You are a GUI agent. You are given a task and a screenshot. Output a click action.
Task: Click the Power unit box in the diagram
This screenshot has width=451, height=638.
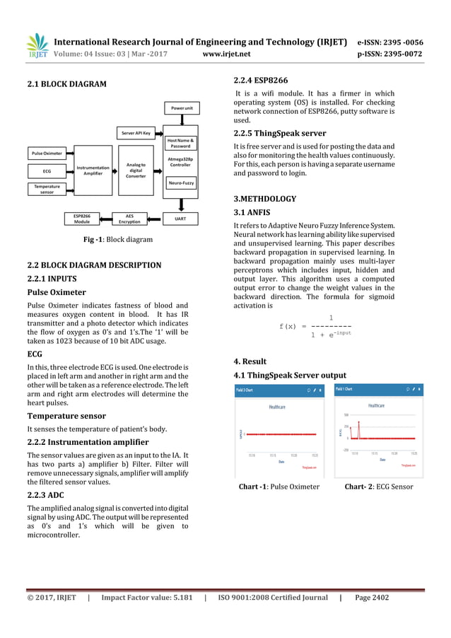point(181,108)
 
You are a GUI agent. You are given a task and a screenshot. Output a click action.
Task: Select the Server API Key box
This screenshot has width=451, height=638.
point(136,133)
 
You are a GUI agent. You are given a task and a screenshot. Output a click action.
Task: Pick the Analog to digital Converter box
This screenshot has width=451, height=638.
point(136,170)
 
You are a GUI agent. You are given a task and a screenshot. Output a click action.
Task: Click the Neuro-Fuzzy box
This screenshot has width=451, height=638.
point(181,182)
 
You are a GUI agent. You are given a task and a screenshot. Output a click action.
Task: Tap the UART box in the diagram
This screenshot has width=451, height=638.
point(181,219)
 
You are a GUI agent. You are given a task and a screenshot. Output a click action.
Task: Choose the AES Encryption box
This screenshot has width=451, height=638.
point(129,219)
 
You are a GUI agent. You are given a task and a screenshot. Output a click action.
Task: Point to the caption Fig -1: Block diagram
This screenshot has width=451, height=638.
point(117,240)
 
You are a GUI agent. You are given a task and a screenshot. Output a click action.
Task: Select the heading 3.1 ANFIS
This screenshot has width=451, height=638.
point(252,212)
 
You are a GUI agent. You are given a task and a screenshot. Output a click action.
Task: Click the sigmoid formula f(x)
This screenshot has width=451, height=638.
point(315,327)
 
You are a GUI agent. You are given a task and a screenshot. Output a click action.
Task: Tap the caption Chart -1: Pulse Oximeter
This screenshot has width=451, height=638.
point(279,487)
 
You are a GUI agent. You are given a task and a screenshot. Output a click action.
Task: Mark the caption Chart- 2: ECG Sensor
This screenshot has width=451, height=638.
point(378,487)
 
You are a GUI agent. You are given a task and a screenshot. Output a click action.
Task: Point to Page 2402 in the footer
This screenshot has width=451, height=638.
point(371,598)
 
